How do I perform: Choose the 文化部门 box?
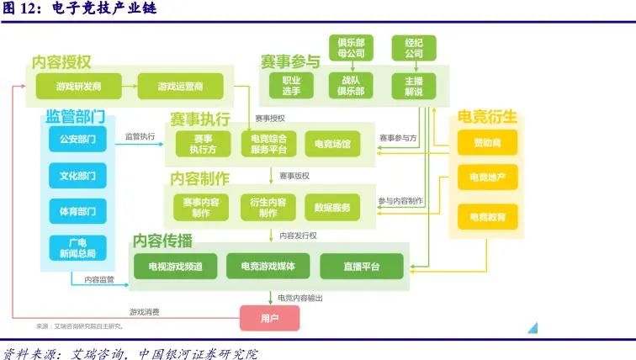pos(77,177)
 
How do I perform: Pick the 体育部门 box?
pos(77,211)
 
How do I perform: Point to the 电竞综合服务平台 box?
pos(268,144)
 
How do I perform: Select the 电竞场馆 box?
pos(332,144)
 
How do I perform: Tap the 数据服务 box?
pos(332,207)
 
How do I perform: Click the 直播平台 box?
pos(362,266)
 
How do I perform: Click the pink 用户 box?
pos(269,318)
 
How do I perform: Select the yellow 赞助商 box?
pos(488,142)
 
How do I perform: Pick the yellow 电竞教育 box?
pos(488,217)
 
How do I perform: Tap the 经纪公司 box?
pos(413,47)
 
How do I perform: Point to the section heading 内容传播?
pos(162,241)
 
